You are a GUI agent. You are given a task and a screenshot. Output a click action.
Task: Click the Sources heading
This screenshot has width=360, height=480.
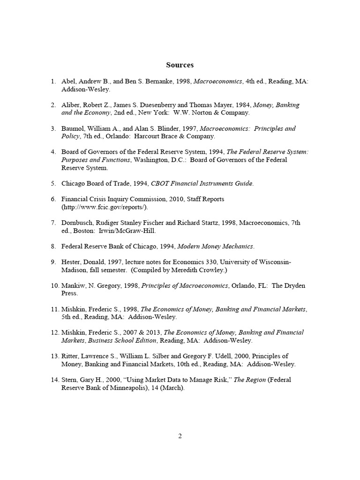[x=180, y=65]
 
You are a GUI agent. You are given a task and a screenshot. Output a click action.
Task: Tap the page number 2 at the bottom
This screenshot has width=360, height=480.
[x=180, y=436]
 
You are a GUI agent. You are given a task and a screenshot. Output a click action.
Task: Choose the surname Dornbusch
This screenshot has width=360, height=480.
[x=77, y=223]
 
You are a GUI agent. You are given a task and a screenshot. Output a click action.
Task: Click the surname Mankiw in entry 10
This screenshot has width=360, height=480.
[x=74, y=285]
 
